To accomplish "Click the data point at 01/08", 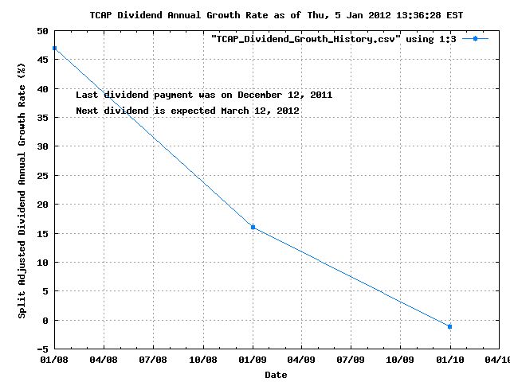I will (55, 49).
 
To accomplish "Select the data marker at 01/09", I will (253, 228).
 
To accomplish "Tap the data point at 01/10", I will (450, 326).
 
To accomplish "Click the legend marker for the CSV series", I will (475, 38).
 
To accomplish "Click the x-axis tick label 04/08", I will (104, 360).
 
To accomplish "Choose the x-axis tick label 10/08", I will (203, 360).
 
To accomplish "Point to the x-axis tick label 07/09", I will (351, 360).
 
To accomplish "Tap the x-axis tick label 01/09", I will (253, 360).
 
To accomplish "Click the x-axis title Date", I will (276, 374).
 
